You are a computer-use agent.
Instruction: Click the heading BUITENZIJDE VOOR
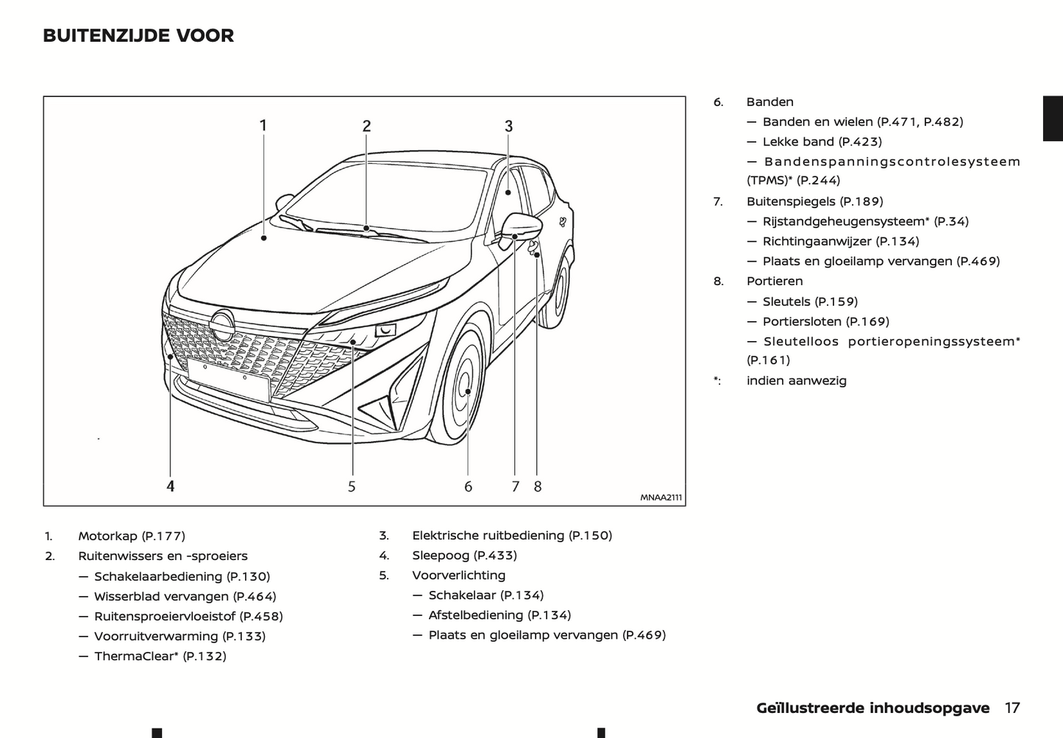(x=138, y=35)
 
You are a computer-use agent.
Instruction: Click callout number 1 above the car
(x=263, y=126)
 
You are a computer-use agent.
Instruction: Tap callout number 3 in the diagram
(x=508, y=126)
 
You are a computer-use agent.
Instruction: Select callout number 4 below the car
(x=171, y=486)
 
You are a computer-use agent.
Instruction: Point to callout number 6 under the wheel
(x=468, y=486)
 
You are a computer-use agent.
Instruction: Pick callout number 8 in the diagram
(x=538, y=486)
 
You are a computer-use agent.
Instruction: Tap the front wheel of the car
(x=463, y=386)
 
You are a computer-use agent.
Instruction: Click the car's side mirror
(x=521, y=226)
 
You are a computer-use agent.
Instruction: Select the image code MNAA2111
(x=661, y=498)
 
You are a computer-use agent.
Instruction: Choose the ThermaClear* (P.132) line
(x=160, y=656)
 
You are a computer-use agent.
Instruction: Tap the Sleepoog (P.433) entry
(x=464, y=555)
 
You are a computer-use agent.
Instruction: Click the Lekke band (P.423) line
(x=822, y=141)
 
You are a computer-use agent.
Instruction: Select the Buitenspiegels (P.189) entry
(x=814, y=201)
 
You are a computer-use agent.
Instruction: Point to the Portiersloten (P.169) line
(x=825, y=321)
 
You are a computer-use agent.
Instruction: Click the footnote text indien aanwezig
(x=796, y=380)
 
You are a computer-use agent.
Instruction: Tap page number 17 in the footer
(x=1012, y=708)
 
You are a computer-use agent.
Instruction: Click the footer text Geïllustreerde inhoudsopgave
(x=872, y=708)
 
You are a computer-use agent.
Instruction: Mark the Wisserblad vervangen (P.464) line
(x=185, y=596)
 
